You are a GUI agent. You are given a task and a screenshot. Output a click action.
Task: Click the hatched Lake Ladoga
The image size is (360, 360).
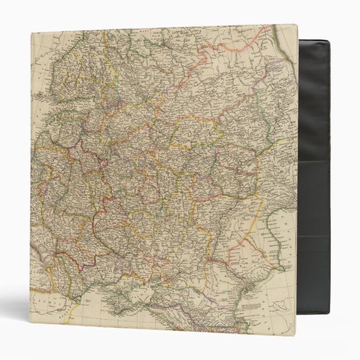114,96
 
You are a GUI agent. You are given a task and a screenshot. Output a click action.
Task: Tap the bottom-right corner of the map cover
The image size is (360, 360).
296,335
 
